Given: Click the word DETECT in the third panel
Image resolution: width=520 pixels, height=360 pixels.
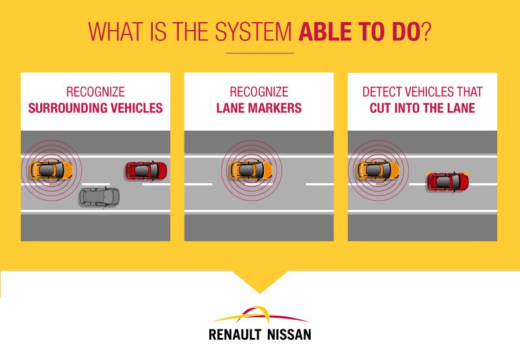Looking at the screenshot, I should [379, 92].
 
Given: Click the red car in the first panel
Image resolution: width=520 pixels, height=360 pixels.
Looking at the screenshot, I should [146, 171].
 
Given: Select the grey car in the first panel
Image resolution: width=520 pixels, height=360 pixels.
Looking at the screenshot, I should [99, 196].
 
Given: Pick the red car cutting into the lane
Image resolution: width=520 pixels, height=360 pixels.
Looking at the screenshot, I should [447, 181].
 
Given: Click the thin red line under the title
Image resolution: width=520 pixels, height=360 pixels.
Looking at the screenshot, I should [259, 53].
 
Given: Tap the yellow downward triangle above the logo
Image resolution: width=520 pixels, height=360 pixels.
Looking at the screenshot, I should [259, 283].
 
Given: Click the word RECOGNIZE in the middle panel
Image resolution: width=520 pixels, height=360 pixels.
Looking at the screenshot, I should [259, 92].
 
